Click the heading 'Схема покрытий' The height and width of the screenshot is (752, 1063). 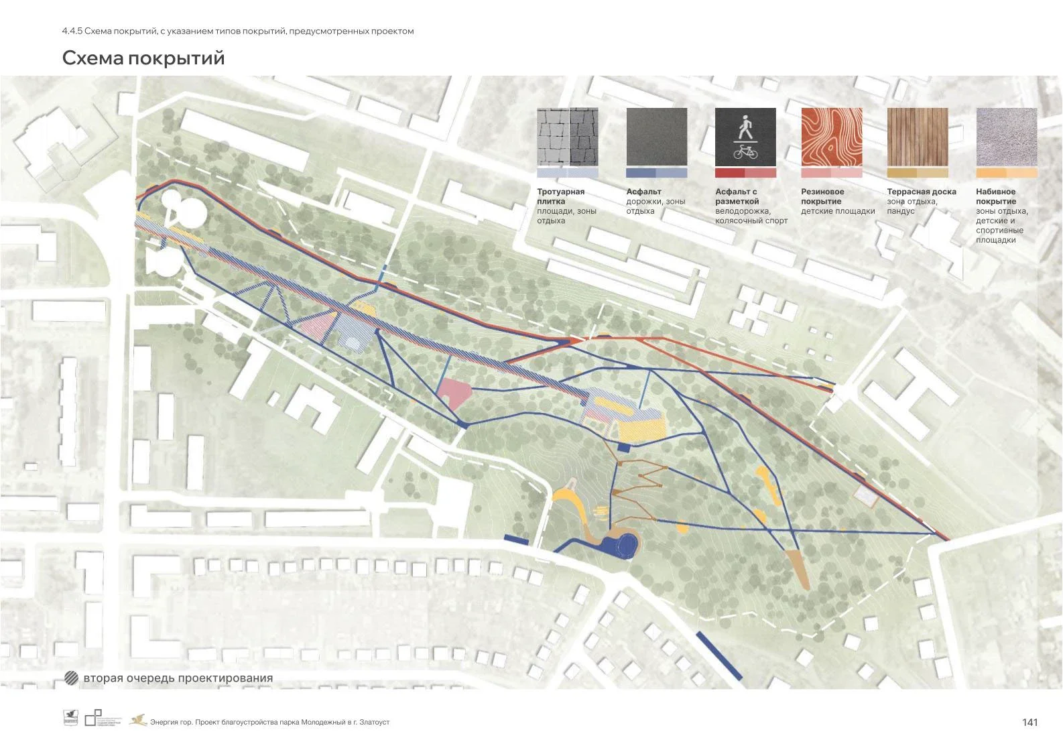(x=143, y=58)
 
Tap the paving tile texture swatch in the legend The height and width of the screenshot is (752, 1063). (x=567, y=137)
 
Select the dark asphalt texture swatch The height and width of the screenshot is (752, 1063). (x=656, y=137)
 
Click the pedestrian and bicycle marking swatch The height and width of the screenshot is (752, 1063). (x=745, y=138)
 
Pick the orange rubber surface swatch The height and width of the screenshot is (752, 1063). (x=832, y=137)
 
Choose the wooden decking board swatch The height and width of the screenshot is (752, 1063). (x=918, y=137)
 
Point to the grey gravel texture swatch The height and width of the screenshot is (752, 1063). (x=1006, y=137)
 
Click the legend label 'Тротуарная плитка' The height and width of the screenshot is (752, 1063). (x=560, y=196)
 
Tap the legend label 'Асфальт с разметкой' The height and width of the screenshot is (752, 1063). (x=737, y=196)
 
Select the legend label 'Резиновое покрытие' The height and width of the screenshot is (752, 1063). (x=822, y=196)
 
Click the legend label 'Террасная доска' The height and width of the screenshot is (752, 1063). (x=922, y=192)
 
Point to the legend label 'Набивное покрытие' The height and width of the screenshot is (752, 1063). (x=996, y=196)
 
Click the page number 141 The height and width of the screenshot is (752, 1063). (x=1029, y=722)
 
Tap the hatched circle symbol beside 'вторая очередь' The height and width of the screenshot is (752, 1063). (x=71, y=678)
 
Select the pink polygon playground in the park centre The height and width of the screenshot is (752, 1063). (x=454, y=391)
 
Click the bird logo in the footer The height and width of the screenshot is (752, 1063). (x=138, y=720)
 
